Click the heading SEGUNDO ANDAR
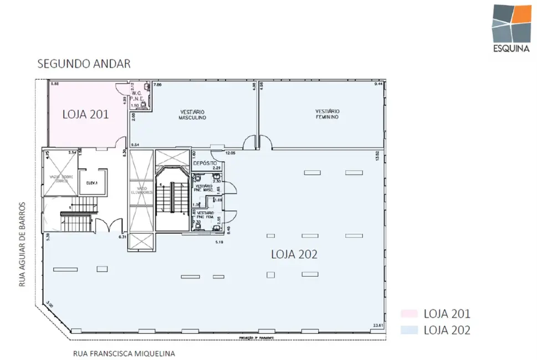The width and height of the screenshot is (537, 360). point(84,64)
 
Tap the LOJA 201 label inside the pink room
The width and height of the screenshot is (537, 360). point(85,115)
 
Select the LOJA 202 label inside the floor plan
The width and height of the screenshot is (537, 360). point(294,254)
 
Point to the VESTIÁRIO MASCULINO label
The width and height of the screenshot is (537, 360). point(192,115)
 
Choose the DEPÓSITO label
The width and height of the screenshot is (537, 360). point(204,163)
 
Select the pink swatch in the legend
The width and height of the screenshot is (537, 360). point(407,314)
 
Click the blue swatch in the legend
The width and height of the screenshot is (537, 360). point(407,330)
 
